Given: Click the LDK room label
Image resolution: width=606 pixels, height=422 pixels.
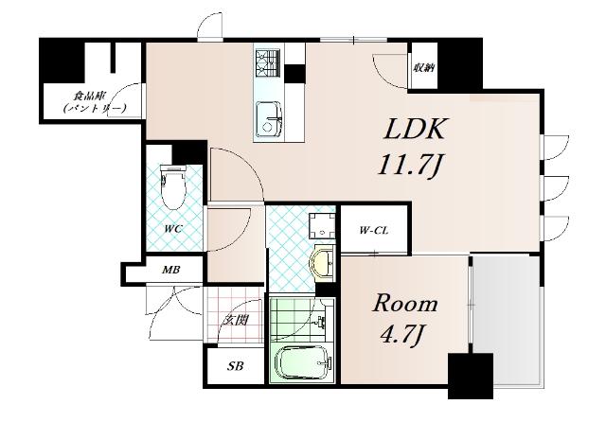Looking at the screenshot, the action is click(414, 129).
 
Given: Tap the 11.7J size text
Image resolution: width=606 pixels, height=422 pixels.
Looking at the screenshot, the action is click(410, 165).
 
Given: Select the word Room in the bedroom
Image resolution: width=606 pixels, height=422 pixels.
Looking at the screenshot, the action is click(405, 304).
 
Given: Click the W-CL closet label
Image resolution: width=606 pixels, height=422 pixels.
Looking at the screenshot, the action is click(374, 231).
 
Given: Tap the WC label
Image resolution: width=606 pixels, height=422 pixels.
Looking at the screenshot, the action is click(172, 229).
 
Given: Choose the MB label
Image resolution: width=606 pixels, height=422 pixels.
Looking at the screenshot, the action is click(170, 270).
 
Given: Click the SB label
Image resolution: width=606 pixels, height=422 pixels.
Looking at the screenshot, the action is click(235, 365).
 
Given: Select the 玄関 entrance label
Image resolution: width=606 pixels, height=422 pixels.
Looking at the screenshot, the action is click(236, 320).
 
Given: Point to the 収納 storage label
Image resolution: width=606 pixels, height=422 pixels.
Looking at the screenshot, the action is click(424, 69).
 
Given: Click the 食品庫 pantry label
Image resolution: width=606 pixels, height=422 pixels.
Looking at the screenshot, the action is click(90, 96).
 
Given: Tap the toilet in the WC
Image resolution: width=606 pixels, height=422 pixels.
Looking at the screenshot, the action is click(172, 186).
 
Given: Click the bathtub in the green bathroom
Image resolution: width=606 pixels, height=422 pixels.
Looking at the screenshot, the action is click(303, 361).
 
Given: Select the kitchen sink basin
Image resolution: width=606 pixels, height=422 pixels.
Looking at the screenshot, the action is click(268, 118).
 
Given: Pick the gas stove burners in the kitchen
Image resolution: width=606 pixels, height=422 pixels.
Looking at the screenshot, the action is click(267, 62).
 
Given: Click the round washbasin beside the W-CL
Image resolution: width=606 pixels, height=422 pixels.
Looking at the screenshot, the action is click(322, 262).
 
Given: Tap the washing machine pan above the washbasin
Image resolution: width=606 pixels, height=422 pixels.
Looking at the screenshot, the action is click(322, 225).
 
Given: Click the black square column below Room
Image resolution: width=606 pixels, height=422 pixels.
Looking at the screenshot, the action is click(471, 376).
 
